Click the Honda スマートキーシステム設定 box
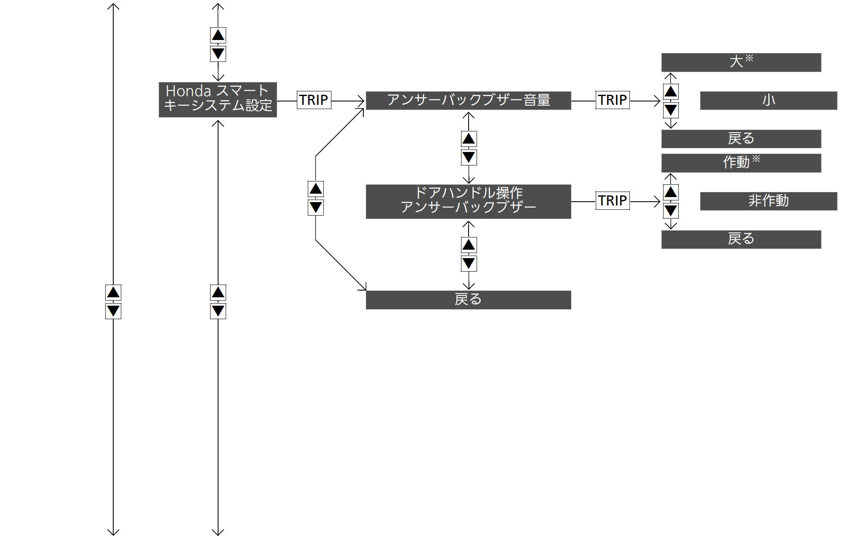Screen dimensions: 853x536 click(x=218, y=100)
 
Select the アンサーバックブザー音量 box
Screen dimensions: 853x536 click(x=468, y=101)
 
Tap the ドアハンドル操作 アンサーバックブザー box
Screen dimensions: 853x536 click(x=468, y=202)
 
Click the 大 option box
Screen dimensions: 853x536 click(x=741, y=62)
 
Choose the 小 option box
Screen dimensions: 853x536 click(x=768, y=101)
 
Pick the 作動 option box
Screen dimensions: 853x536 click(x=741, y=163)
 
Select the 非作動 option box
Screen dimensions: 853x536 click(x=768, y=201)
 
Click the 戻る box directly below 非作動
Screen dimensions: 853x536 click(x=741, y=240)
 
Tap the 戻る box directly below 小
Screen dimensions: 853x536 click(x=741, y=139)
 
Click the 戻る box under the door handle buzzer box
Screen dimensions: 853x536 click(x=468, y=300)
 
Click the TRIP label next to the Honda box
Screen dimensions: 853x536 click(x=314, y=100)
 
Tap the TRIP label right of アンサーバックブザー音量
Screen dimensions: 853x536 click(x=613, y=100)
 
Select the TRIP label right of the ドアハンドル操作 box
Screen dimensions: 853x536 click(x=613, y=201)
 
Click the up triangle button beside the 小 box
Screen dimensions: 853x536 click(x=671, y=91)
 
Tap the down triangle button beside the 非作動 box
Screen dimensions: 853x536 click(x=671, y=211)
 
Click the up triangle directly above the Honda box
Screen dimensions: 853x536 click(x=218, y=35)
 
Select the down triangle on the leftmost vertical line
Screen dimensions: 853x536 click(x=113, y=311)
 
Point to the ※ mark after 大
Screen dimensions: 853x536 click(x=749, y=58)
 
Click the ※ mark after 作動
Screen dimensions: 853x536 click(x=756, y=159)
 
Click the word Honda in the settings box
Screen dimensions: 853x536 click(x=188, y=91)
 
